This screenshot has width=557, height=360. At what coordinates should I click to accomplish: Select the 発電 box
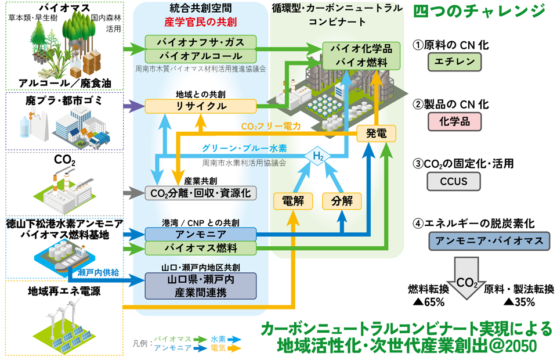pos(375,134)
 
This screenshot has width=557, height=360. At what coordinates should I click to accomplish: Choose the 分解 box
pos(341,201)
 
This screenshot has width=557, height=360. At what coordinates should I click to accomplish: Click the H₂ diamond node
pos(318,156)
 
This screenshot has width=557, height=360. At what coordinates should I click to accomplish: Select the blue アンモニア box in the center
pos(200,234)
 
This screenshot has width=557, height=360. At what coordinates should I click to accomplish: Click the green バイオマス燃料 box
pos(200,249)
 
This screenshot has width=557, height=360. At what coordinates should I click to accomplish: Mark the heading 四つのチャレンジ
pos(479,12)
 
